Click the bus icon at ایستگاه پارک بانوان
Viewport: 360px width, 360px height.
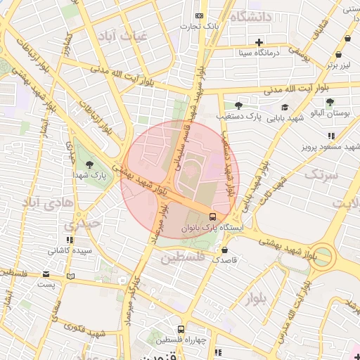click(x=213, y=216)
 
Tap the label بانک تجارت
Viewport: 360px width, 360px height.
click(x=199, y=27)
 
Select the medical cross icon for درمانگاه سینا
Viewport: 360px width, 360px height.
click(x=259, y=41)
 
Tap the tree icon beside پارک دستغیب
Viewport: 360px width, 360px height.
click(x=238, y=105)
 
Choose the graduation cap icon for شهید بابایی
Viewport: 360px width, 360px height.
click(x=285, y=107)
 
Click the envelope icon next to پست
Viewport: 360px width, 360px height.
click(x=46, y=274)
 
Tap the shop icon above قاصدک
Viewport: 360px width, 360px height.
click(x=224, y=249)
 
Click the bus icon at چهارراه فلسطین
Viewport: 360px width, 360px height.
click(x=181, y=328)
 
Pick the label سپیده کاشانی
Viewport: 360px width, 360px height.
click(x=69, y=250)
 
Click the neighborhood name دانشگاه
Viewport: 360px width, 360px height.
click(x=252, y=18)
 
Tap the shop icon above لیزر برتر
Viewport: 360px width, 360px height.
click(x=339, y=54)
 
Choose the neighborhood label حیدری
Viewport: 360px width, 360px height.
click(x=84, y=224)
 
